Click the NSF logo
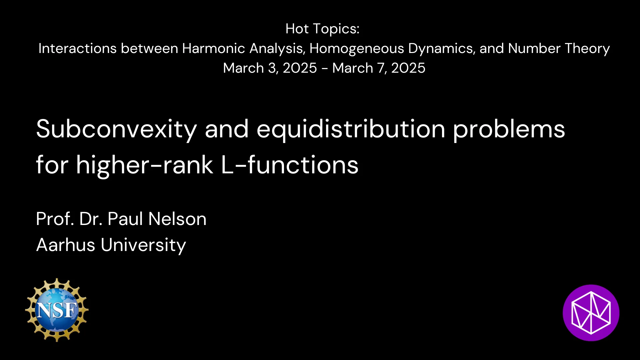tap(57, 310)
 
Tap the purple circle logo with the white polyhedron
tap(591, 313)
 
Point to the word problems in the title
tap(509, 129)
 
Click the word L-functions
tap(289, 165)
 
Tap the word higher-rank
tap(144, 165)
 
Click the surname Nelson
tap(177, 219)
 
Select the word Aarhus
tap(66, 245)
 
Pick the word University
tap(143, 245)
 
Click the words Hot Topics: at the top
tap(322, 29)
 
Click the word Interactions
tap(77, 49)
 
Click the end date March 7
tap(358, 68)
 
